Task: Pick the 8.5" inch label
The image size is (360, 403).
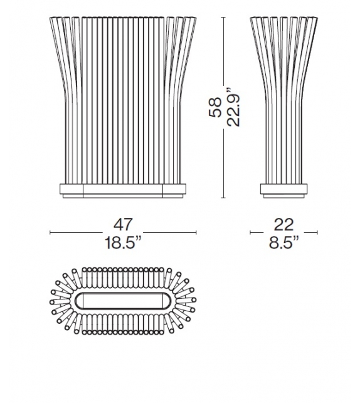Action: coord(283,242)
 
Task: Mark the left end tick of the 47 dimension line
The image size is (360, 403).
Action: coord(51,234)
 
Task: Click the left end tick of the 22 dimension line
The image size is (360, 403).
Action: coord(250,234)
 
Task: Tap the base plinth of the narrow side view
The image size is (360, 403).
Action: coord(283,190)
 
